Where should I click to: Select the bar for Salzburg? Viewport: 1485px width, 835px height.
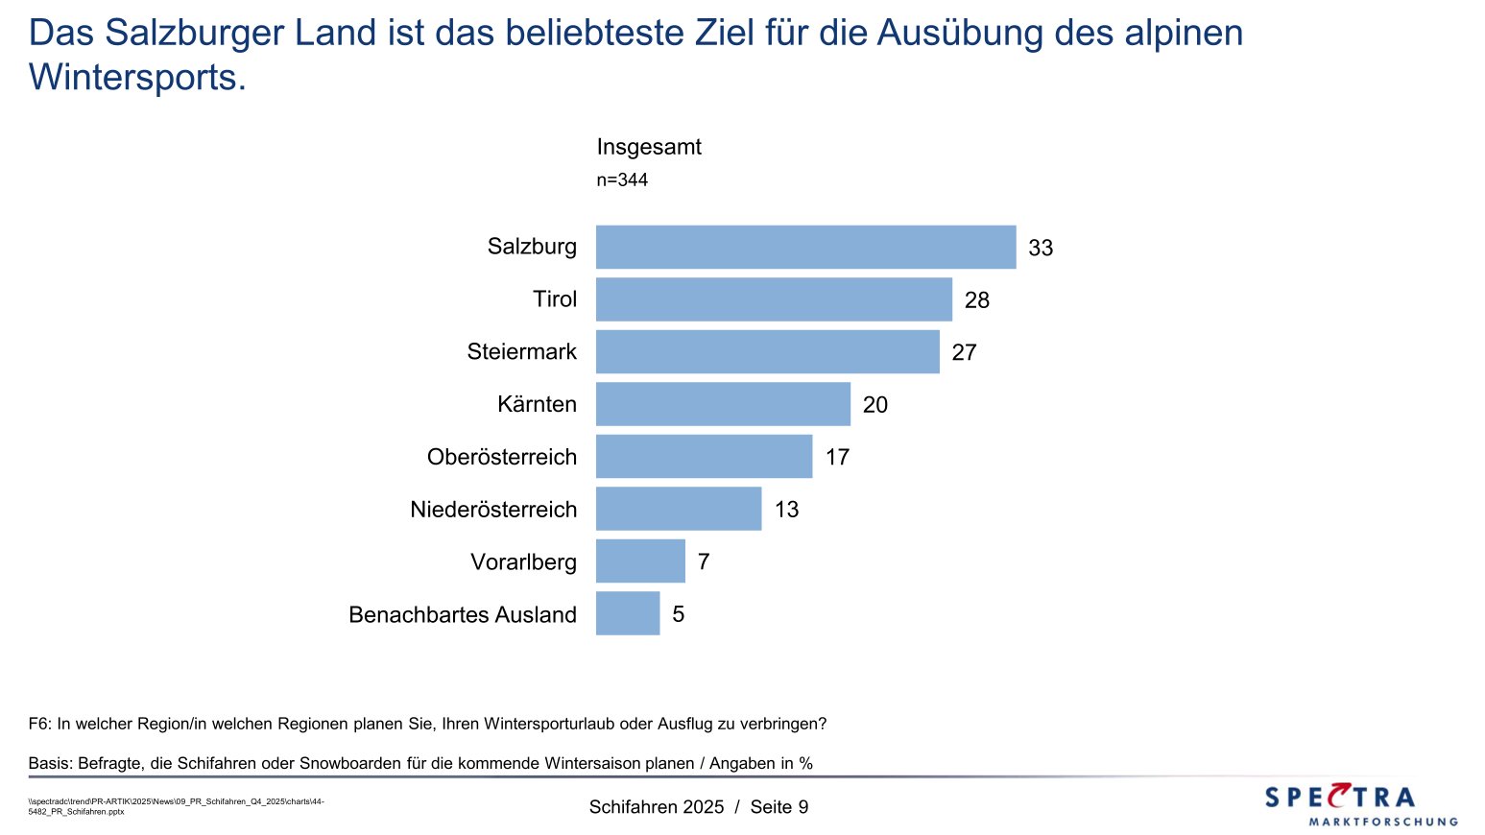805,247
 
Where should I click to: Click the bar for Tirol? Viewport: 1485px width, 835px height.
774,299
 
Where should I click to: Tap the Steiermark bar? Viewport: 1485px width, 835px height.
767,351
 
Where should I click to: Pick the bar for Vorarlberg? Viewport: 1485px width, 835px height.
640,561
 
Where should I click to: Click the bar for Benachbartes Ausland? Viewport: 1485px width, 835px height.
628,613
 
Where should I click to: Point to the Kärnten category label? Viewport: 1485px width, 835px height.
537,404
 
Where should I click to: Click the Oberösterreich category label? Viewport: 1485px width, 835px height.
502,457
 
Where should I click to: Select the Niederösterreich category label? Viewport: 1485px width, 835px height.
493,510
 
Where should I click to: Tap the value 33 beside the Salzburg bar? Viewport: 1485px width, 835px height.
1041,248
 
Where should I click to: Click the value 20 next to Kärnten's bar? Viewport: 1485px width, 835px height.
875,405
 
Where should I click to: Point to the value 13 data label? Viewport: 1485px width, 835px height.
787,510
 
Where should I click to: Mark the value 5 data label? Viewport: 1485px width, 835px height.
679,614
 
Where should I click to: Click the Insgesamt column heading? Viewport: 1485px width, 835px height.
649,147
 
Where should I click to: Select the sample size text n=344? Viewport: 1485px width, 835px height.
622,179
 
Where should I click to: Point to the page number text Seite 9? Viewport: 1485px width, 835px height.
779,807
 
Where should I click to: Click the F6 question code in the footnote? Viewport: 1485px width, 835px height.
38,724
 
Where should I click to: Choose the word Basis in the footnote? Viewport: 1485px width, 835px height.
50,764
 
